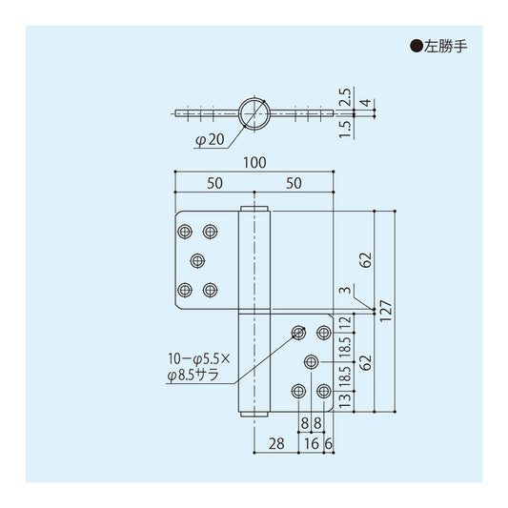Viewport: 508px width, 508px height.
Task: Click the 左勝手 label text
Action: tap(445, 47)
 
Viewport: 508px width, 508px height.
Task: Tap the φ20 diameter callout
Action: tap(211, 140)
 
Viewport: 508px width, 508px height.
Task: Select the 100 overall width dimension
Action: tap(254, 163)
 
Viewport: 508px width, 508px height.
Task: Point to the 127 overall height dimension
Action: tap(386, 311)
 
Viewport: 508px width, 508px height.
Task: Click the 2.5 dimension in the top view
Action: tap(345, 97)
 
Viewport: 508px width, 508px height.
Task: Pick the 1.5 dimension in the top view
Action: tap(345, 130)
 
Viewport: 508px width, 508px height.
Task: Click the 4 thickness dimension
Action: tap(365, 103)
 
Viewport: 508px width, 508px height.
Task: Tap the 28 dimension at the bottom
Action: tap(276, 443)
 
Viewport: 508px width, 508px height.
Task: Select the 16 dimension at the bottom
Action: tap(312, 443)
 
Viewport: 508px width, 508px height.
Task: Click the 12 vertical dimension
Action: tap(345, 323)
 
